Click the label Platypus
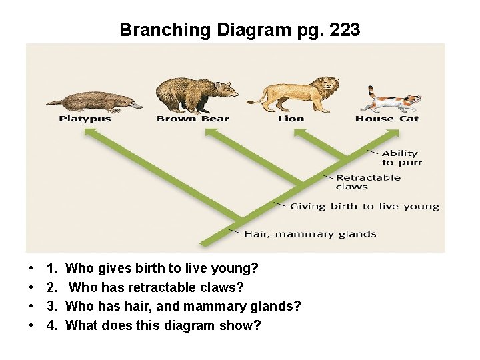coord(85,119)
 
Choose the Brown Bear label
coord(193,119)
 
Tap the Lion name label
coord(291,119)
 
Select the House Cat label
coord(387,119)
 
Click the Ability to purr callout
coord(401,158)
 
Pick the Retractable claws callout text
coord(368,182)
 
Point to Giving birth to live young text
coord(364,207)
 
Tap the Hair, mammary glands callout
coord(310,234)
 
